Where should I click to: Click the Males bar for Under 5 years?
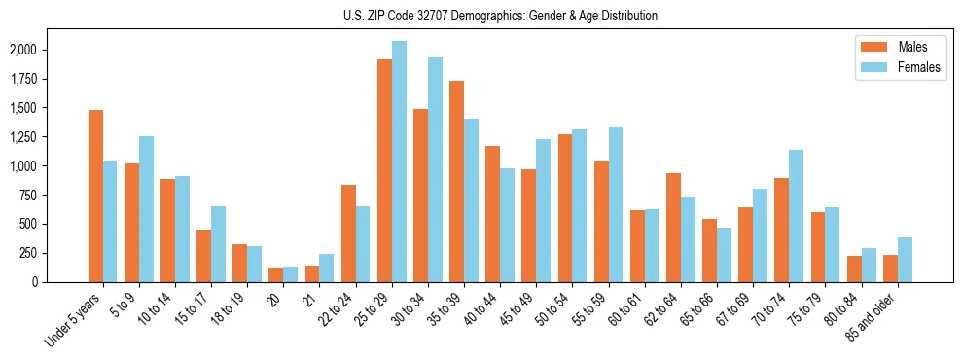[x=95, y=196]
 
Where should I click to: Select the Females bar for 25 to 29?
[x=399, y=162]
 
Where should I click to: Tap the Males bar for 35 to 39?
[x=456, y=181]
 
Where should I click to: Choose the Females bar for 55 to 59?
[x=616, y=204]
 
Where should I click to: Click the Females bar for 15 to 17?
[x=218, y=244]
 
